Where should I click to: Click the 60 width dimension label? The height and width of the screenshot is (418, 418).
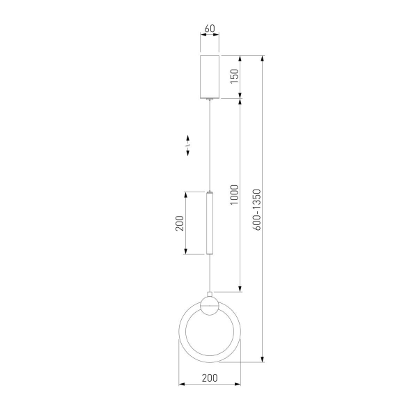(x=210, y=29)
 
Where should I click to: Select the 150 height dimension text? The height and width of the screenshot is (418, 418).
(x=235, y=76)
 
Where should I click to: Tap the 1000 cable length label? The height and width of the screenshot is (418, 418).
(x=235, y=194)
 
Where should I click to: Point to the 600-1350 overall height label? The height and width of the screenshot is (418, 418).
(x=257, y=210)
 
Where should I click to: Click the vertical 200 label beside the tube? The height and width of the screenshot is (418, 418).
(x=180, y=223)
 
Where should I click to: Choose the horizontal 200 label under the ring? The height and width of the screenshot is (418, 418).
(x=210, y=378)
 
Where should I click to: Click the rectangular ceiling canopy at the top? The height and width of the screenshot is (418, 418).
(x=210, y=77)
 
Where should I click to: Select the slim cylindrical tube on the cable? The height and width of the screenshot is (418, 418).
(x=210, y=223)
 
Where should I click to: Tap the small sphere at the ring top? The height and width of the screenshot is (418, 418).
(x=210, y=306)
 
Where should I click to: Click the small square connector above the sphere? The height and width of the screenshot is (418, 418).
(x=210, y=294)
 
